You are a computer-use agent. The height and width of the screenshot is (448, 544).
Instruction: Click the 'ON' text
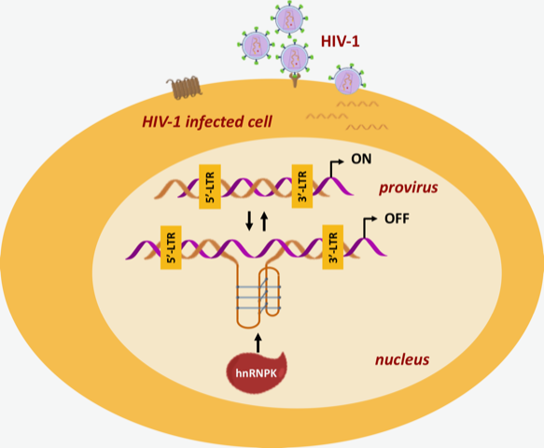(x=362, y=160)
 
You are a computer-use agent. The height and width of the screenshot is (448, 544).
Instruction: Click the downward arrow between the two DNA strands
(x=248, y=221)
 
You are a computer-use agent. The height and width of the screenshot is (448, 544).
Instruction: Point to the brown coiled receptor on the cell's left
(x=184, y=87)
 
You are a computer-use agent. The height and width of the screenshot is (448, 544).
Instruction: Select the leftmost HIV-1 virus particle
(x=255, y=43)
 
